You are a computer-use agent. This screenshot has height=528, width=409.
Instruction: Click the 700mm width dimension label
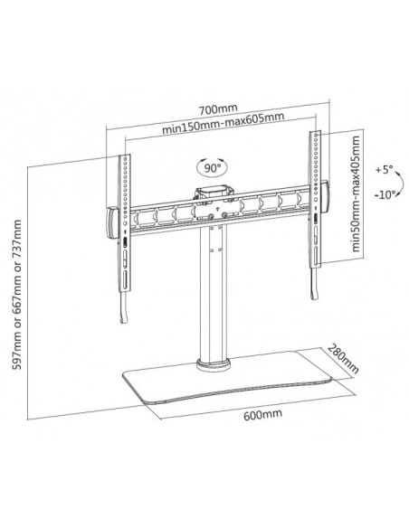pos(218,108)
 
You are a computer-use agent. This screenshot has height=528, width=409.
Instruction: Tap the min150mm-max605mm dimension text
pos(223,123)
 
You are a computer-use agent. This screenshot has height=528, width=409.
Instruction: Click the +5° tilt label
pos(384,169)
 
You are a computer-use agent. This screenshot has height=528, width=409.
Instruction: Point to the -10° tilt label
pos(385,194)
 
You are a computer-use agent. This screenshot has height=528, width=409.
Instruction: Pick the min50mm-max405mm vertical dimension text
pos(356,193)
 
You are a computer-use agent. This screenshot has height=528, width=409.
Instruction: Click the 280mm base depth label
pos(343,359)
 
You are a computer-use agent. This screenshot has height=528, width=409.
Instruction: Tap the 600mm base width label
pos(262,414)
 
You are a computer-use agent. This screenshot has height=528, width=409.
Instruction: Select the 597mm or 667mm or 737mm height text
pos(17,295)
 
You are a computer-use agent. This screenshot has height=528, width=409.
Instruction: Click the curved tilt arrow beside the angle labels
pos(401,182)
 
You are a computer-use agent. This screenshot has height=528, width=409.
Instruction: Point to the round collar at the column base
pos(214,365)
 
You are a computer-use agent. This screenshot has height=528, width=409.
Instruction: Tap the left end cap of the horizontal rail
pos(112,222)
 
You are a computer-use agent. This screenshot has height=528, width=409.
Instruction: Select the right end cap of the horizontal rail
pos(325,197)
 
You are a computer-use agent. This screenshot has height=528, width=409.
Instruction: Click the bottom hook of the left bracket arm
pos(124,307)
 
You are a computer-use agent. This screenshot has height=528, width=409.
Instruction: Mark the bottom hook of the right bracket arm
pos(314,284)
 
